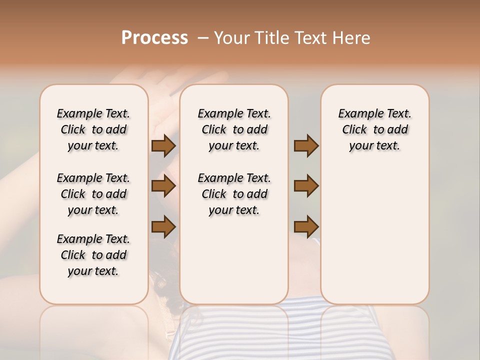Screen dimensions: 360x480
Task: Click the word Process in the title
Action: click(x=154, y=37)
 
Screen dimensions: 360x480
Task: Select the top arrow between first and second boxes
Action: click(x=163, y=146)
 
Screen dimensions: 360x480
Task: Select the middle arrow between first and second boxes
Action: click(x=163, y=186)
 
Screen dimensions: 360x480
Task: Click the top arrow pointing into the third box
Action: click(x=306, y=146)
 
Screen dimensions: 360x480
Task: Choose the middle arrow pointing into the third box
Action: click(x=306, y=186)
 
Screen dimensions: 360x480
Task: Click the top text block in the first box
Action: click(x=93, y=129)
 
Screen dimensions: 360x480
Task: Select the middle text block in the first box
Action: click(x=93, y=194)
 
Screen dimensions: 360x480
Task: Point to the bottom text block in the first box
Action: click(x=93, y=255)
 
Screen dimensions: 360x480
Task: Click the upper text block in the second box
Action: click(x=234, y=129)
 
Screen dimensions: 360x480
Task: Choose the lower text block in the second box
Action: click(x=234, y=194)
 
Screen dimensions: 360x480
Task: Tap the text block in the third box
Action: click(x=375, y=129)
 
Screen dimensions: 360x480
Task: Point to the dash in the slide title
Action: click(x=203, y=37)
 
